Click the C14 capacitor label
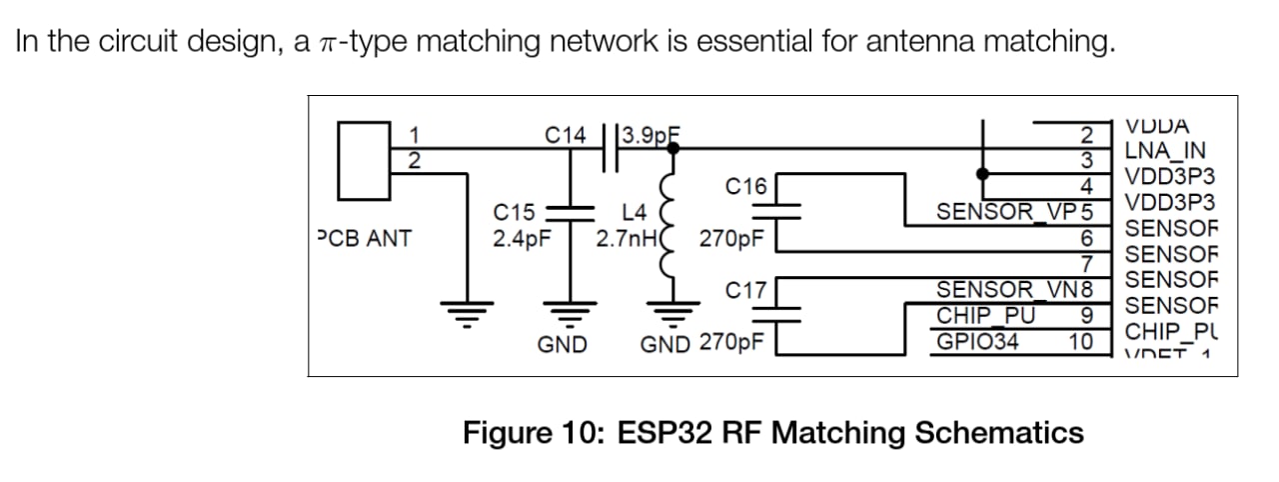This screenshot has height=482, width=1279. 567,134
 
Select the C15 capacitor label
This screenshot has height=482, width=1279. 516,212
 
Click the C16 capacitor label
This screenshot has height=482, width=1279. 746,186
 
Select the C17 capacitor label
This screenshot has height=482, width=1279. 746,291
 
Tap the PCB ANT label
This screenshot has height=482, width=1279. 364,239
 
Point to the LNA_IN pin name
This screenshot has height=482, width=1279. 1165,152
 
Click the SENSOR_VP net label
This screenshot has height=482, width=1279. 1008,212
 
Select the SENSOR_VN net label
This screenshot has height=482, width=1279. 1008,291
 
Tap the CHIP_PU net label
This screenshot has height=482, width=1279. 985,317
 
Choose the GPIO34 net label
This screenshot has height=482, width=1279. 978,343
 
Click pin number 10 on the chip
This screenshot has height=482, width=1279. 1081,343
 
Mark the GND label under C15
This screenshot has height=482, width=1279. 562,345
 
